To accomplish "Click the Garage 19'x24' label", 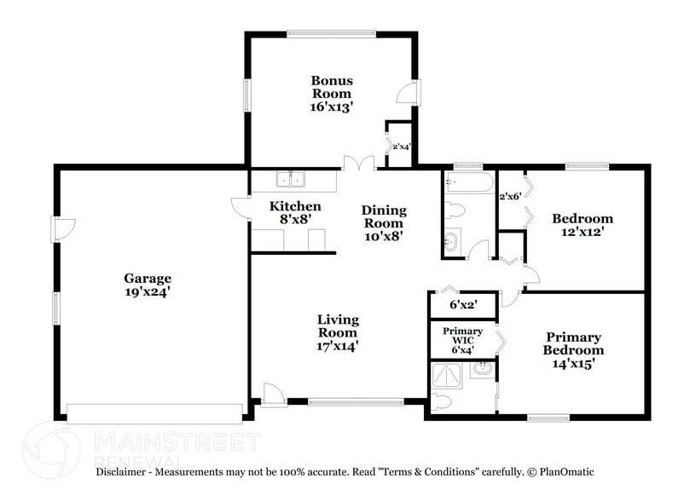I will pos(148,285).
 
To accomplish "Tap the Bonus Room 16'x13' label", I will pos(332,94).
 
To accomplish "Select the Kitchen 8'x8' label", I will pos(295,212).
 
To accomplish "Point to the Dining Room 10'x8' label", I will pos(384,222).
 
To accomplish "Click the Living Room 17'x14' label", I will pos(338,332).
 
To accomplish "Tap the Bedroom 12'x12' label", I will pos(582,224).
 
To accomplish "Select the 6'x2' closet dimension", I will pos(462,304).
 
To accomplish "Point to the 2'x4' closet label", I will pos(400,147).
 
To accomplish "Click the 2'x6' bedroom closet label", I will pos(509,197).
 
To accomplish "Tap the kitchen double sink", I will pos(291,179).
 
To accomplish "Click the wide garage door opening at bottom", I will pos(154,414).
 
